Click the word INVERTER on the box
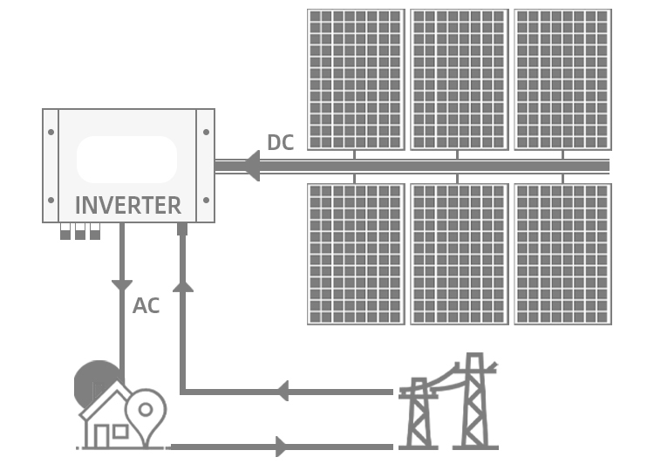click(x=128, y=206)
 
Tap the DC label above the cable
click(x=280, y=143)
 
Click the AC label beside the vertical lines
click(x=146, y=306)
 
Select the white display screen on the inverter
click(x=127, y=160)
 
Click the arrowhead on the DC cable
click(x=250, y=166)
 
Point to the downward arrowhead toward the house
click(x=122, y=285)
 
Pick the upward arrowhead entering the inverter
click(x=183, y=283)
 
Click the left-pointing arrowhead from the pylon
click(x=281, y=391)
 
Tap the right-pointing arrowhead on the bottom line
click(x=281, y=447)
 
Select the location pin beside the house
click(x=146, y=409)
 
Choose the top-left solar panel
click(x=356, y=79)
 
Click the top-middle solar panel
click(x=459, y=79)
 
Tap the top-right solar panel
click(x=562, y=79)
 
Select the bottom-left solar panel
click(x=356, y=254)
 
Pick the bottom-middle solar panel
click(x=459, y=254)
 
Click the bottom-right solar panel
click(x=562, y=254)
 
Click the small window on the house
click(x=120, y=431)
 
